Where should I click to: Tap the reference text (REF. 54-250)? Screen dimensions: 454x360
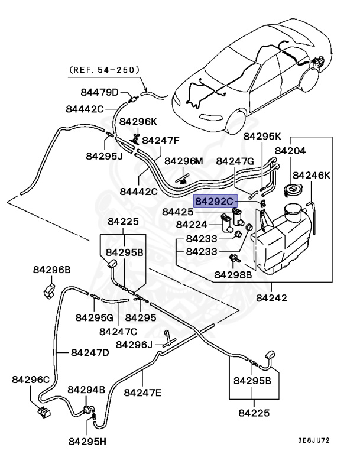pyautogui.click(x=105, y=70)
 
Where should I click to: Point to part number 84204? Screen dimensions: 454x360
pyautogui.click(x=306, y=151)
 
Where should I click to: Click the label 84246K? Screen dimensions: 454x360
pyautogui.click(x=312, y=176)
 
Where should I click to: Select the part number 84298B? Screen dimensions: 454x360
pyautogui.click(x=233, y=275)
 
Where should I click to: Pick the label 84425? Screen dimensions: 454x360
pyautogui.click(x=177, y=211)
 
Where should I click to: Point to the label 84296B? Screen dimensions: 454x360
pyautogui.click(x=51, y=270)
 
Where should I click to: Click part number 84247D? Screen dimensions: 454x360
pyautogui.click(x=89, y=352)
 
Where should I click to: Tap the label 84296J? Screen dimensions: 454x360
pyautogui.click(x=134, y=345)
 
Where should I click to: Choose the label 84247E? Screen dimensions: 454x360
pyautogui.click(x=143, y=391)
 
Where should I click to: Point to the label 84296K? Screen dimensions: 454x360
pyautogui.click(x=138, y=121)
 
